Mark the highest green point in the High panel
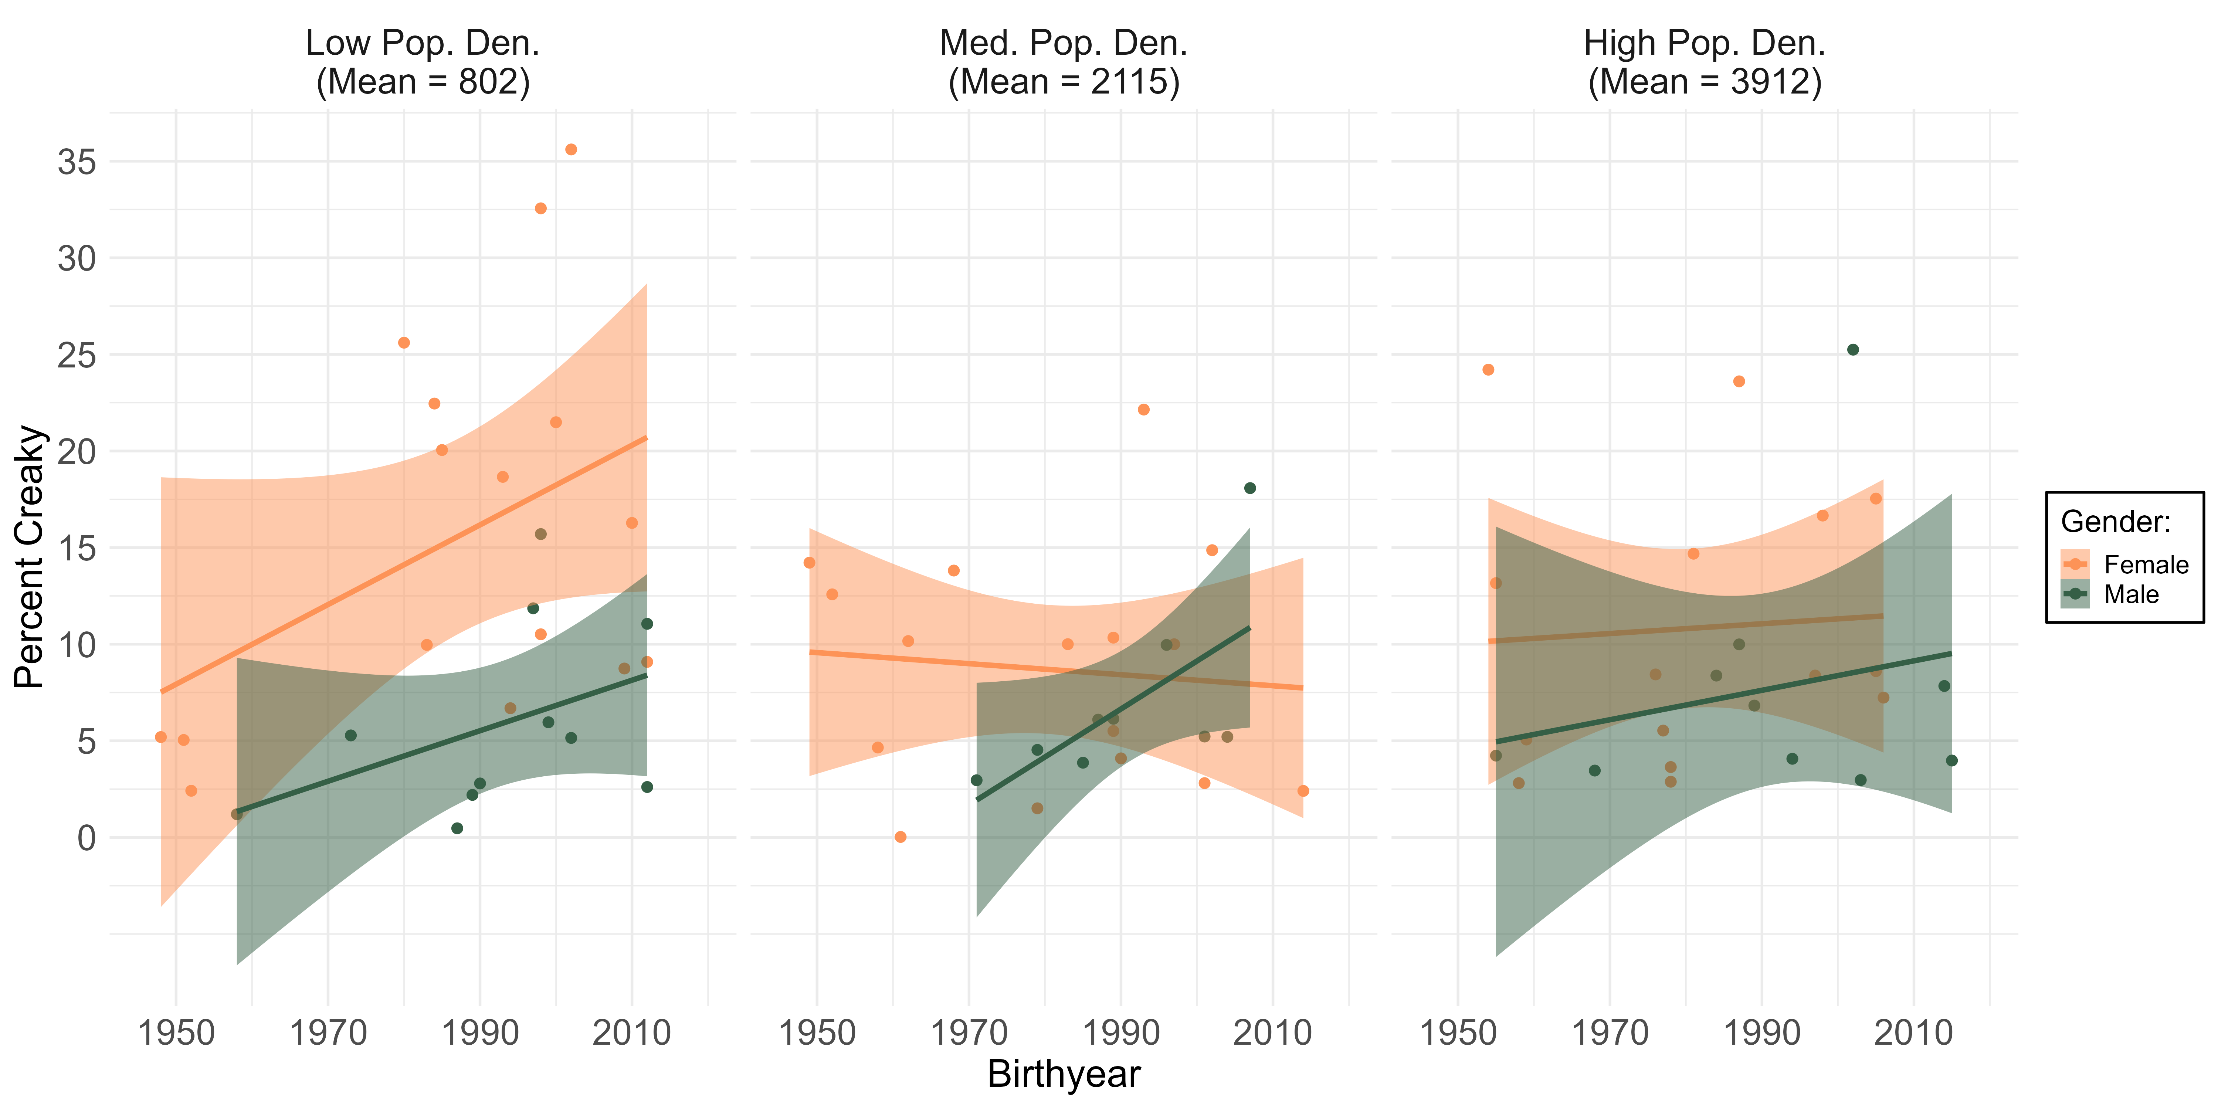click(1853, 350)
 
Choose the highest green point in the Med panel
click(1250, 488)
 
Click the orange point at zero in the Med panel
click(901, 837)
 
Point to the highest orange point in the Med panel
click(1143, 410)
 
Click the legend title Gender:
click(2116, 522)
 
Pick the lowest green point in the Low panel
click(457, 828)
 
